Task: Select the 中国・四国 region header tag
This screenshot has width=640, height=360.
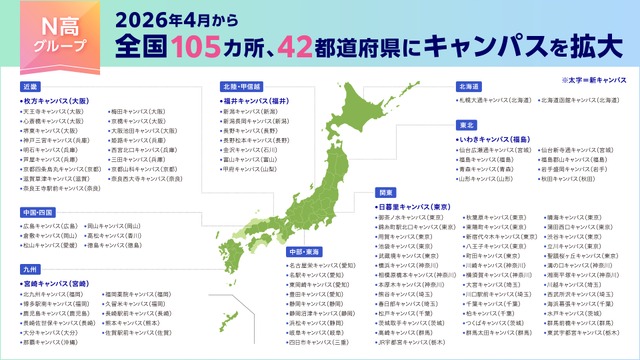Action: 40,213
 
